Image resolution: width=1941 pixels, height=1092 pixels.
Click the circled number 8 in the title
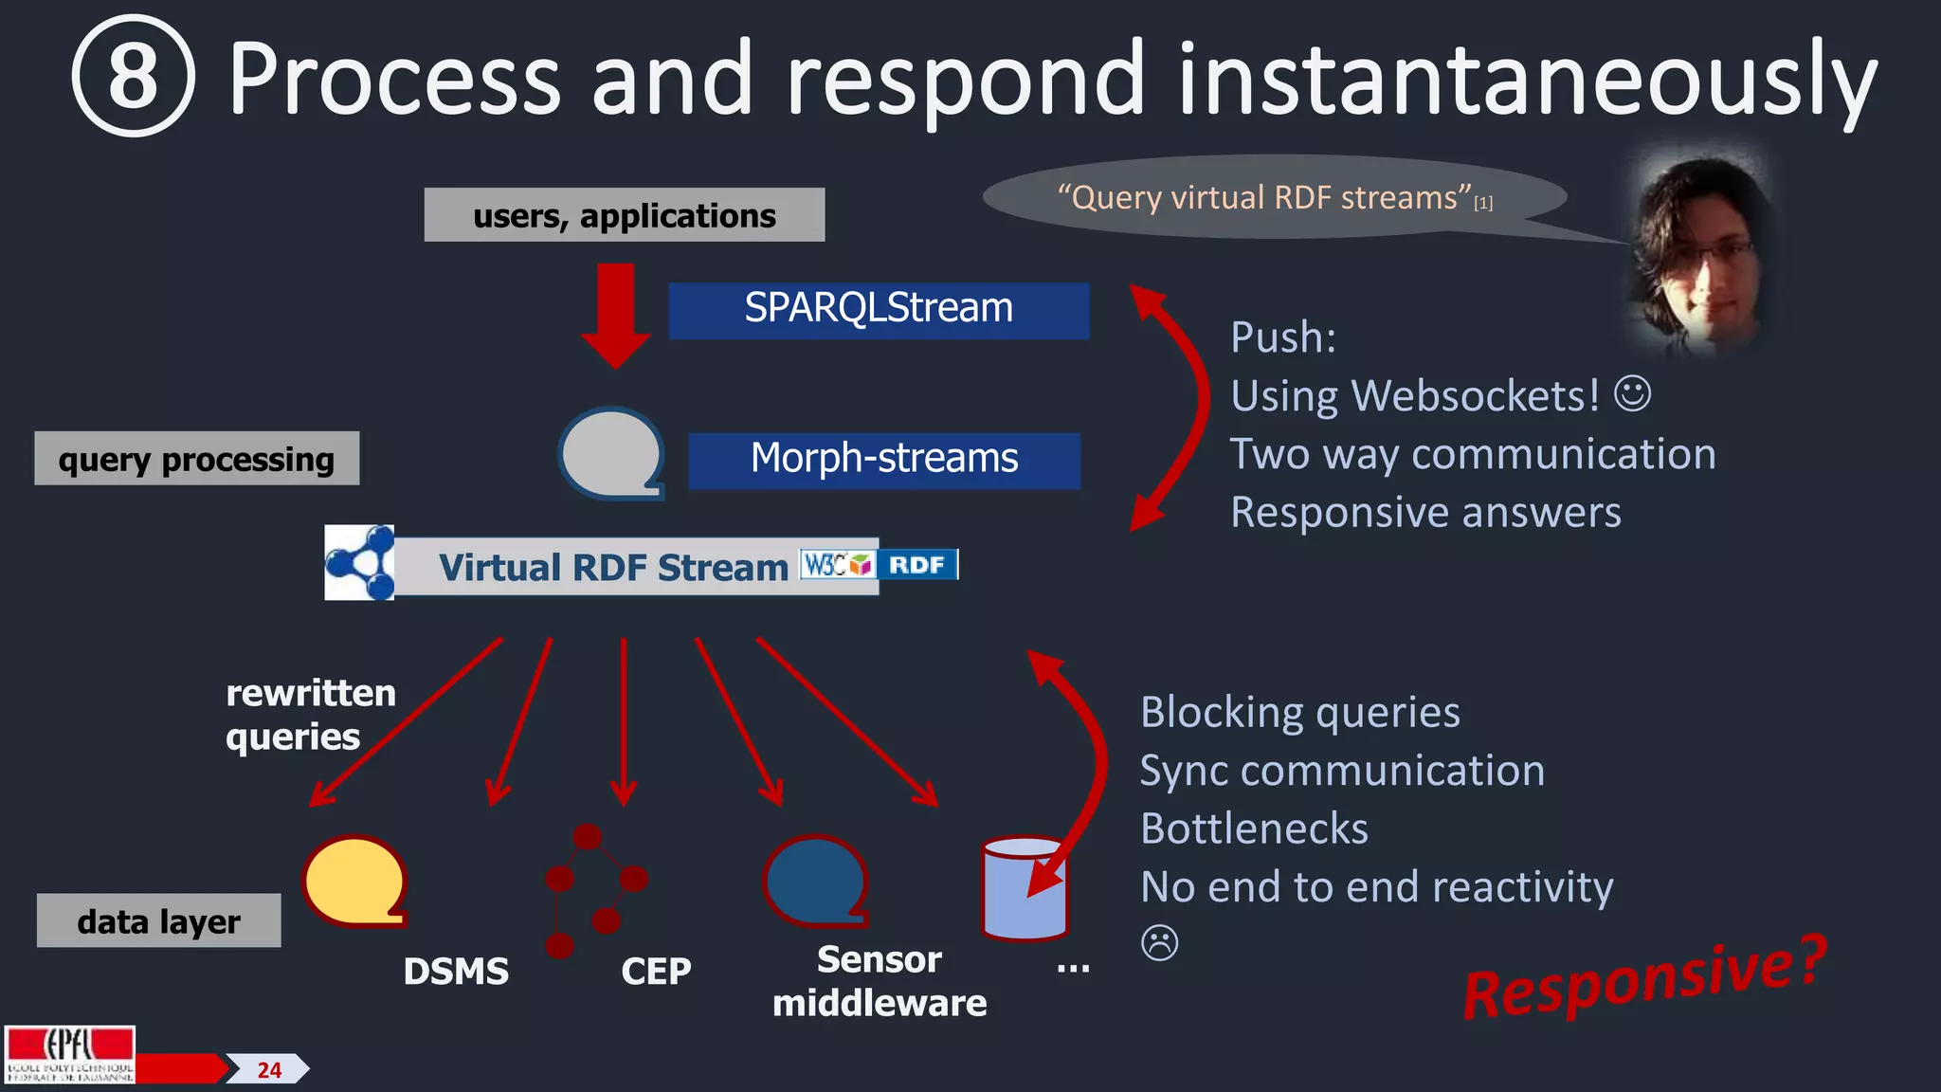click(x=134, y=76)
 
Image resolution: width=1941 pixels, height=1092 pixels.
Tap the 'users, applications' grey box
click(x=624, y=215)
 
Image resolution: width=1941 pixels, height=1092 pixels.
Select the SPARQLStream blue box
click(x=879, y=310)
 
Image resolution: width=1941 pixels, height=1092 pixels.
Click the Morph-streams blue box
click(x=883, y=460)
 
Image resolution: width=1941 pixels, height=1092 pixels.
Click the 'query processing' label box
click(x=196, y=459)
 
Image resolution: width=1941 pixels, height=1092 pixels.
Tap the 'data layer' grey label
click(x=158, y=920)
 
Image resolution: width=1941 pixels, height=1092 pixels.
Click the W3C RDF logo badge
click(x=879, y=565)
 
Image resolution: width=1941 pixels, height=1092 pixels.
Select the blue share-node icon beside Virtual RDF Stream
click(x=359, y=563)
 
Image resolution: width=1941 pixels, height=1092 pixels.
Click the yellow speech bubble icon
click(x=354, y=881)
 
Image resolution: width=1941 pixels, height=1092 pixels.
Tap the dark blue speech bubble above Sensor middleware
click(x=815, y=881)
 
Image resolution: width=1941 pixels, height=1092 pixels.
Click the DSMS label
click(x=456, y=972)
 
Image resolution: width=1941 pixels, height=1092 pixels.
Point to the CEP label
click(x=656, y=972)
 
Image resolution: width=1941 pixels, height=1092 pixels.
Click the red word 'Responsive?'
click(x=1644, y=979)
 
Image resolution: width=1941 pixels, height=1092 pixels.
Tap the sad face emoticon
click(x=1159, y=942)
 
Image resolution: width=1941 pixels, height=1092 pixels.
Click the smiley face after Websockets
click(x=1632, y=393)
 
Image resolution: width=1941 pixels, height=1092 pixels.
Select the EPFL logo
click(x=70, y=1054)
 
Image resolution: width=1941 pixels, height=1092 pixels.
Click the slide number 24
click(x=269, y=1070)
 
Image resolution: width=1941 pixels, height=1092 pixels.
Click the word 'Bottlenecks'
click(x=1254, y=828)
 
